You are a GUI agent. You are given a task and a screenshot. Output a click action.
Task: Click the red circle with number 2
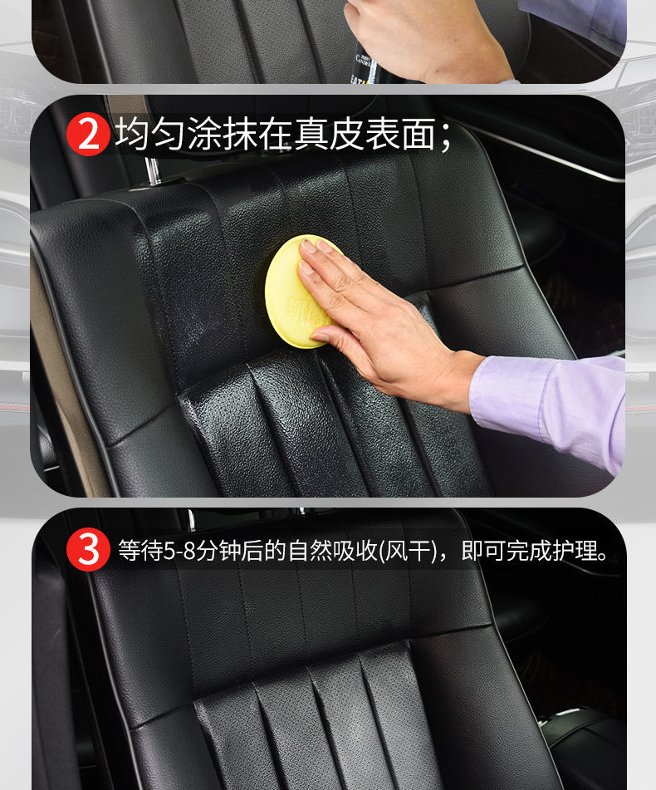[x=87, y=136]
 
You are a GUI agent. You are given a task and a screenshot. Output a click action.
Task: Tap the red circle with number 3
[x=87, y=550]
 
